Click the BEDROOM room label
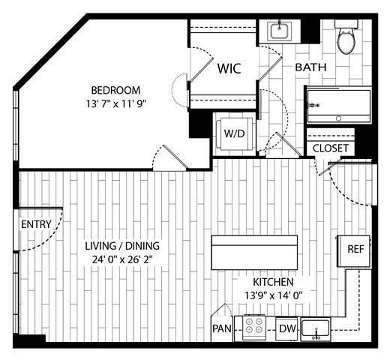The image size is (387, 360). tap(114, 90)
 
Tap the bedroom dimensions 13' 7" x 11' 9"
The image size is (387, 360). tap(114, 104)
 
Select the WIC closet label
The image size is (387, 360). tap(229, 68)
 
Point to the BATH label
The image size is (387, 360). tap(310, 67)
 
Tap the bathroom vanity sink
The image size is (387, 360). tap(280, 32)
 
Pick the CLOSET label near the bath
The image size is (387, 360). tap(330, 148)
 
